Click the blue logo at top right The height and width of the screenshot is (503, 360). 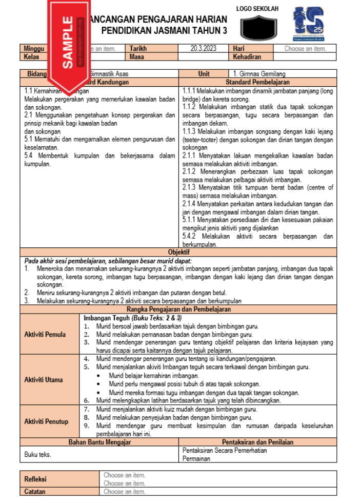point(308,24)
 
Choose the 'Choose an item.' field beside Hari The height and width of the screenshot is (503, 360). point(306,49)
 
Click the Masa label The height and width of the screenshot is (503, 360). point(137,57)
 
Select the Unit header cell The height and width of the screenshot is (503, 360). point(204,74)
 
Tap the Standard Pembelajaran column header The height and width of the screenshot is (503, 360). point(257,82)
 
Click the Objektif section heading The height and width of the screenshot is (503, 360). point(178,252)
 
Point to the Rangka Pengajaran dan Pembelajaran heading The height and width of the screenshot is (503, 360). point(178,309)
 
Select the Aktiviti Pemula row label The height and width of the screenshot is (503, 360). point(45,334)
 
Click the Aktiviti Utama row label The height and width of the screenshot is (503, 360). point(44,380)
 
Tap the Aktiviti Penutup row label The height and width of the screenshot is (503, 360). point(46,421)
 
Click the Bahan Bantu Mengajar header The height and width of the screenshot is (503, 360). point(100,442)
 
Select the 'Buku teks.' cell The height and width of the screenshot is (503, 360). point(38,454)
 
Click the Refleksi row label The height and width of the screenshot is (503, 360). point(35,479)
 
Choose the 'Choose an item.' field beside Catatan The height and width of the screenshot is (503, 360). point(125,491)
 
